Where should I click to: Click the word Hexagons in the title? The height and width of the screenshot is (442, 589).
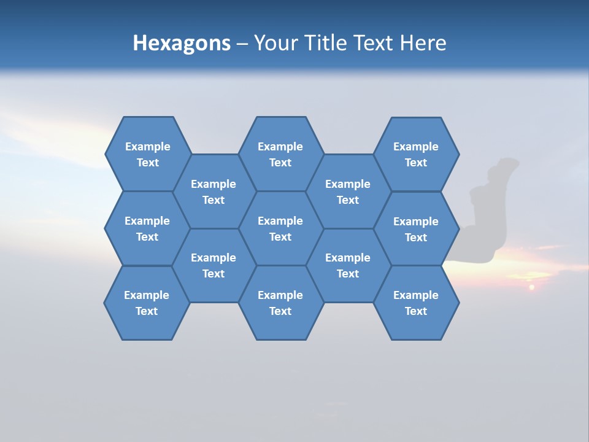tap(182, 44)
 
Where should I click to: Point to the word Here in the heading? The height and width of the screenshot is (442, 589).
tap(423, 44)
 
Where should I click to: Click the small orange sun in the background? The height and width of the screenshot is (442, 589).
tap(532, 287)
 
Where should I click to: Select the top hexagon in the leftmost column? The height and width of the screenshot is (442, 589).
tap(147, 154)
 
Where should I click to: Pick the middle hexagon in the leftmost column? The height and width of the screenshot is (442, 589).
tap(147, 228)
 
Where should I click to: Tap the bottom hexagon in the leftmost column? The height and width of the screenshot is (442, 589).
tap(147, 303)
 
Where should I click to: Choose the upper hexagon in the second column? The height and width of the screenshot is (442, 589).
tap(214, 192)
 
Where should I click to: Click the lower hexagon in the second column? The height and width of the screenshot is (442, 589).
tap(214, 265)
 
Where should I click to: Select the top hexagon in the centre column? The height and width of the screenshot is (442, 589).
tap(280, 154)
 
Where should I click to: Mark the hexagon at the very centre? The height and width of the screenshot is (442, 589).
tap(280, 228)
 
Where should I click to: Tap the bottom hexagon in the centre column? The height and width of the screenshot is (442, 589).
tap(280, 303)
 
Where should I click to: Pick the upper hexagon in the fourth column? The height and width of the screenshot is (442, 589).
tap(348, 192)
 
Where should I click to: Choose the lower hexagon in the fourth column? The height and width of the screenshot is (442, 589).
tap(348, 265)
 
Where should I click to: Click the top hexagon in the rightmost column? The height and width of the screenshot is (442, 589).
tap(416, 154)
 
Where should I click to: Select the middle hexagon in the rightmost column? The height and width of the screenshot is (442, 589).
tap(416, 229)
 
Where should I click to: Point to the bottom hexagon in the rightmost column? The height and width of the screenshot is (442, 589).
tap(416, 303)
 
